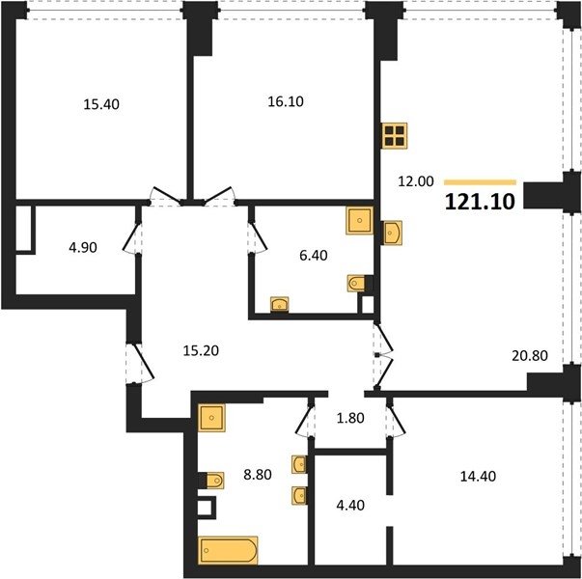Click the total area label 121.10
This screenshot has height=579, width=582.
480,203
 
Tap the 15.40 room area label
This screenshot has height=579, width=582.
101,104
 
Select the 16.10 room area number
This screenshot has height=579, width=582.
286,101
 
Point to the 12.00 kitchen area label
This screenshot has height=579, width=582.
416,181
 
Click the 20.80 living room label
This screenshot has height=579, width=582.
530,355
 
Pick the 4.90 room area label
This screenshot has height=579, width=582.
83,247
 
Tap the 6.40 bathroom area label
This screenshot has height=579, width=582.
314,256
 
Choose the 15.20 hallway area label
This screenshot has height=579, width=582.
201,350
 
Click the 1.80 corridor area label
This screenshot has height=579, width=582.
350,418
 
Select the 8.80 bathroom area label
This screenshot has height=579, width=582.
258,475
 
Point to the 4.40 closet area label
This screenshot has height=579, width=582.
350,505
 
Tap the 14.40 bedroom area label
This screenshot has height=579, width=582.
478,476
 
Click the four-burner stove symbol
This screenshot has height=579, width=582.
395,135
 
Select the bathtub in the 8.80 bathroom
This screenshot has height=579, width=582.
229,550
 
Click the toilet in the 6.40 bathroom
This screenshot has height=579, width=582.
356,284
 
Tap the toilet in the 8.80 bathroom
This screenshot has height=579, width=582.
215,481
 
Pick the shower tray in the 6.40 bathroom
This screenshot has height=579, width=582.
359,220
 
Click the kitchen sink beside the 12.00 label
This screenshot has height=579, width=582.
393,234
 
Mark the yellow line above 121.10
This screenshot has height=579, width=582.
481,182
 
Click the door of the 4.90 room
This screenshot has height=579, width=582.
130,237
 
